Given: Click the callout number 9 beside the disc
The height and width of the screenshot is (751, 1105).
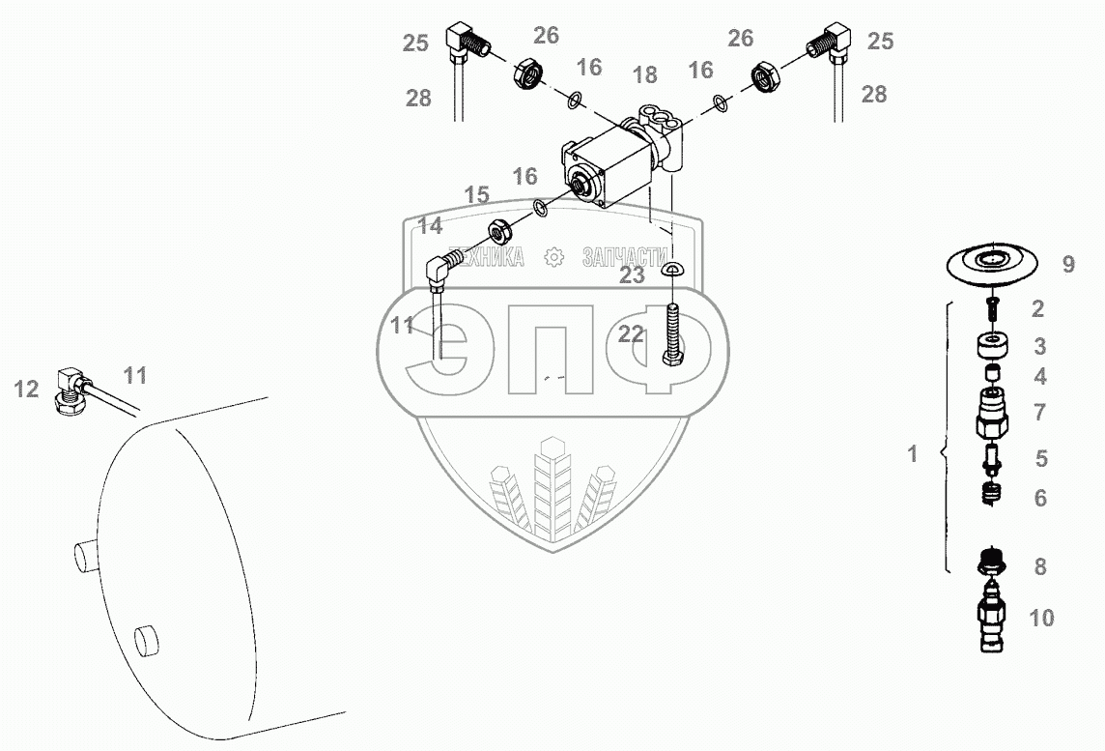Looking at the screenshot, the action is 1068,264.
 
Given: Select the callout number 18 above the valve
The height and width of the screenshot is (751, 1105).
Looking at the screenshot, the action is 644,75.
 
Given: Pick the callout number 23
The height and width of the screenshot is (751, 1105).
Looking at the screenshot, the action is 633,275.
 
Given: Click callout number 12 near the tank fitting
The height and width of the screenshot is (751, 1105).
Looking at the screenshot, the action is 26,389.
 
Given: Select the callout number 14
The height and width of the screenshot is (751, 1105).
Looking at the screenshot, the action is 431,226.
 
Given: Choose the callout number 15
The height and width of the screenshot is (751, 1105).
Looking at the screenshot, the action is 476,195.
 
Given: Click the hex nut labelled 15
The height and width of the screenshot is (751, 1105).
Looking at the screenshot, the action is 499,231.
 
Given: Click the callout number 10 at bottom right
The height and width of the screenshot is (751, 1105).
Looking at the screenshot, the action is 1041,618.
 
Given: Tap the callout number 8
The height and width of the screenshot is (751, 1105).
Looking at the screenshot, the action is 1040,566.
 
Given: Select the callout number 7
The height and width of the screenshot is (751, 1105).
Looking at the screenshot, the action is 1039,413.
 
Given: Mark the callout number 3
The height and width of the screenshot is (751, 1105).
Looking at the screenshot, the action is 1039,346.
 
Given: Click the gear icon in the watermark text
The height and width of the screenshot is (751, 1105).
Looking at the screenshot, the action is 553,257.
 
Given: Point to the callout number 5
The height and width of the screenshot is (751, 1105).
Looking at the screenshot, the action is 1040,459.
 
